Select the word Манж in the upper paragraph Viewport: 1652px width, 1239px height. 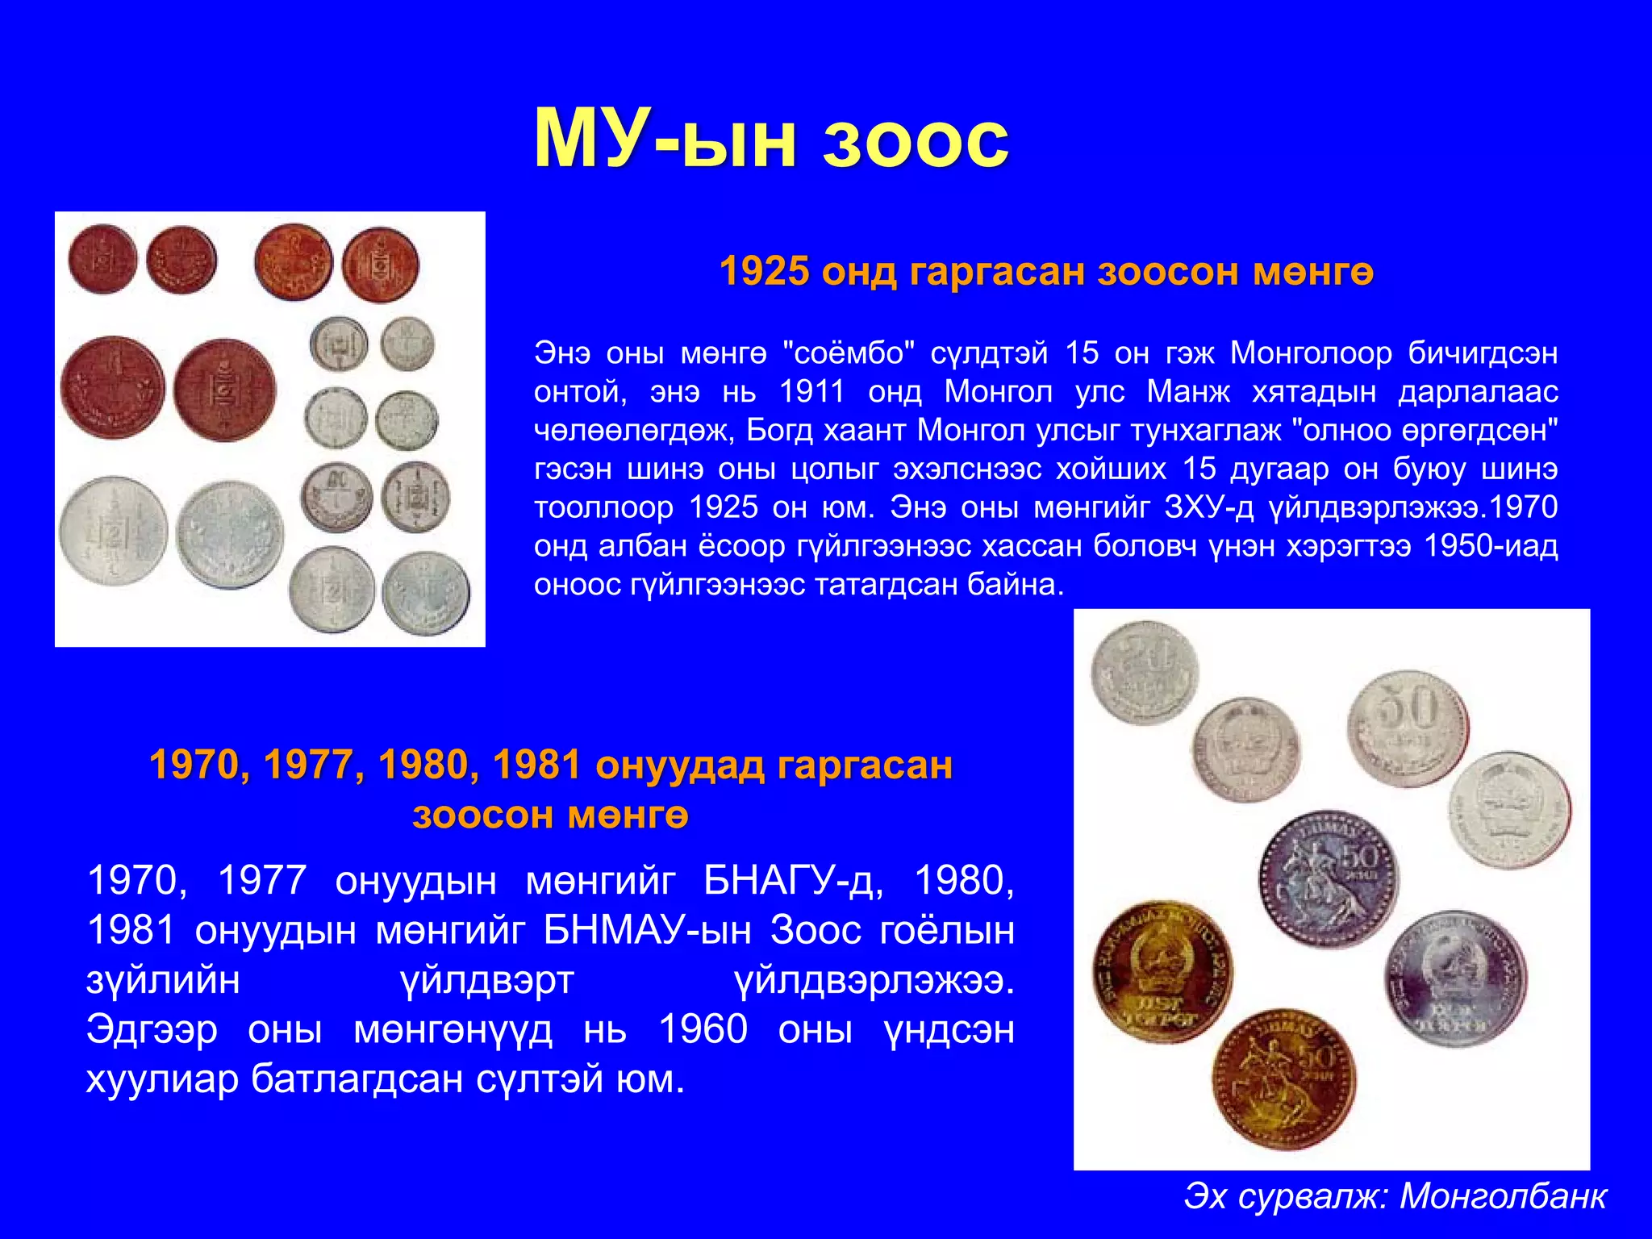click(1188, 392)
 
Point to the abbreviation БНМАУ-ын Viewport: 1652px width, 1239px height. click(647, 930)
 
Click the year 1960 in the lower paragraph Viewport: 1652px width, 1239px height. click(703, 1029)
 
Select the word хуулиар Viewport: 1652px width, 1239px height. click(162, 1079)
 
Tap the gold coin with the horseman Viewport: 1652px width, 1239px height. click(1283, 1078)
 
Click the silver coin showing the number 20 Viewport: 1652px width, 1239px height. click(1144, 673)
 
